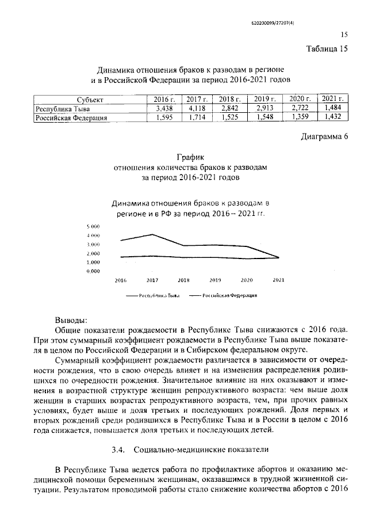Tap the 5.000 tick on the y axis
click(x=94, y=227)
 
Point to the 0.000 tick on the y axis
click(x=94, y=271)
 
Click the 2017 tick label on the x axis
click(x=152, y=280)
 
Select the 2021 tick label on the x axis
click(x=278, y=280)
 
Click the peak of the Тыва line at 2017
click(x=152, y=234)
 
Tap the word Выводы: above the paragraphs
click(x=71, y=320)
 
